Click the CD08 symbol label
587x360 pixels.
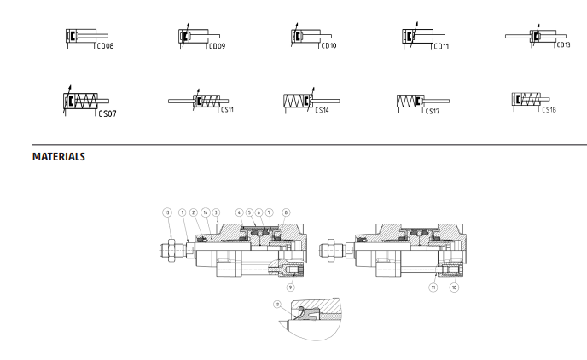(105, 46)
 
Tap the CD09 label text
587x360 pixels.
(217, 46)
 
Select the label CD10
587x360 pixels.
(328, 45)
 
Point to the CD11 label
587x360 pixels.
(441, 46)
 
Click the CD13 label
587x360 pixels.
(563, 45)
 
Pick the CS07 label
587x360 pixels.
(108, 113)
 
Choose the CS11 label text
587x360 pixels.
(227, 110)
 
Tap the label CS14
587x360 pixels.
(322, 110)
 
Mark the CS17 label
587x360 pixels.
(433, 111)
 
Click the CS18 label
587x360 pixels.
(549, 110)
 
